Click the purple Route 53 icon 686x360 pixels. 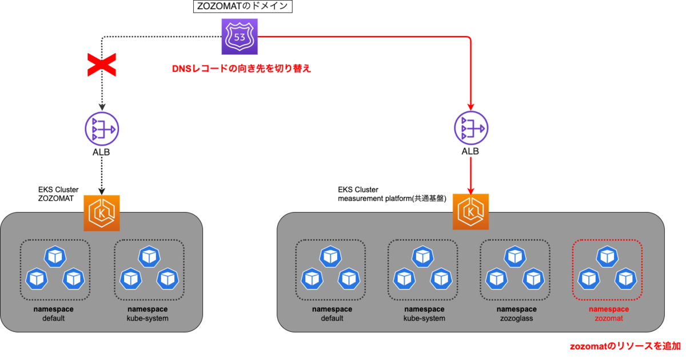point(240,37)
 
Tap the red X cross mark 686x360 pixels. point(101,65)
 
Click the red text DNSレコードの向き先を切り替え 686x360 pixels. point(244,68)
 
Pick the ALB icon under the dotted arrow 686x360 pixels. point(101,130)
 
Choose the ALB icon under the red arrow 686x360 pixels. point(470,130)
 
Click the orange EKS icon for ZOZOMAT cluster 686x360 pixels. point(101,213)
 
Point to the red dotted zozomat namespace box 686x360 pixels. point(607,270)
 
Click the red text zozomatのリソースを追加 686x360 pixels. point(625,346)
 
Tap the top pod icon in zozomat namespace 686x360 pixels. point(607,258)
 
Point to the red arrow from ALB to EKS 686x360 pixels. point(470,175)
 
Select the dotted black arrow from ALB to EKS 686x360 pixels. point(101,175)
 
